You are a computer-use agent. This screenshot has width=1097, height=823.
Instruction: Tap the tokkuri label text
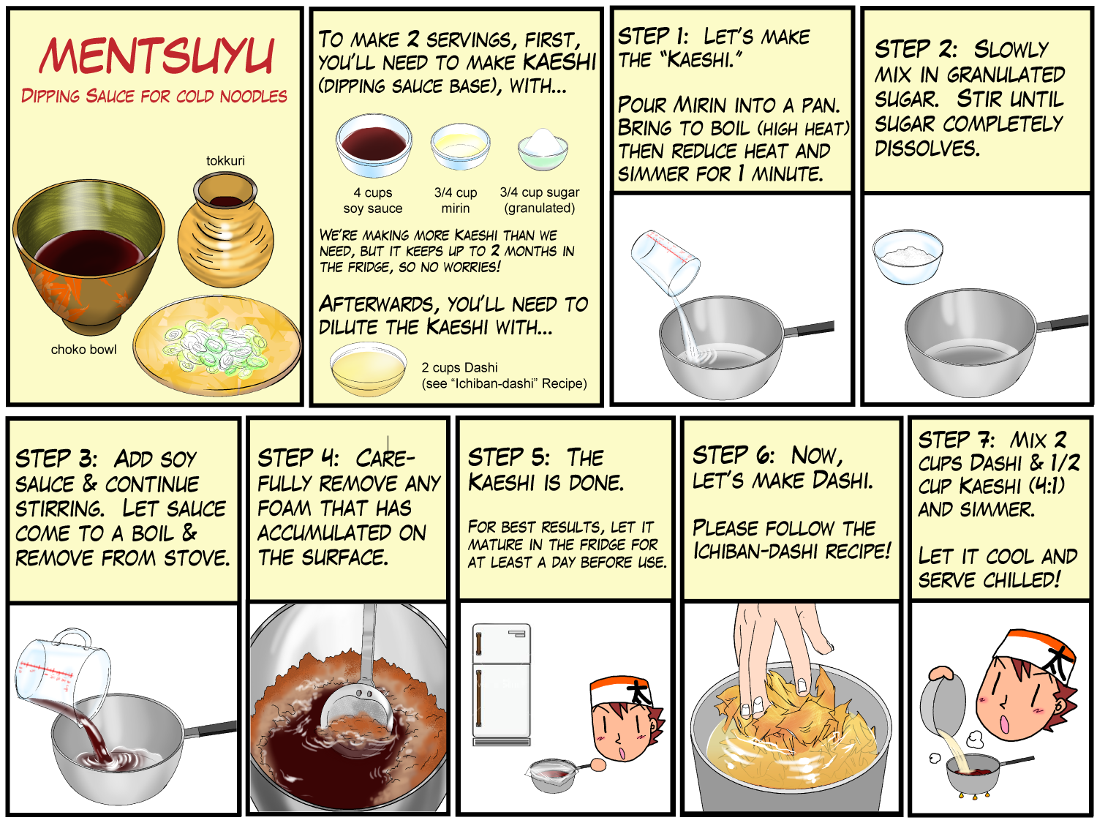pos(225,160)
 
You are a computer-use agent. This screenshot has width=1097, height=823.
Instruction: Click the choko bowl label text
pos(83,349)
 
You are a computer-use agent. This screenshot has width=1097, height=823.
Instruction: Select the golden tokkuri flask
pos(225,229)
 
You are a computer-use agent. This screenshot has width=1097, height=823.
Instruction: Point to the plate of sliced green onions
pos(217,345)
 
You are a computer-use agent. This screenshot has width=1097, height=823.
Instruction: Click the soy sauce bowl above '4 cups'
pos(374,145)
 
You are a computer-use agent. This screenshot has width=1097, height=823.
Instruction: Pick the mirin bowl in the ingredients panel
pos(460,146)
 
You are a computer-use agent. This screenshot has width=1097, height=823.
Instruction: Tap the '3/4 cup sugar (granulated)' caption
pos(540,200)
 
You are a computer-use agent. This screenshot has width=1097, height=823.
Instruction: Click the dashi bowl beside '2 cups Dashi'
pos(369,369)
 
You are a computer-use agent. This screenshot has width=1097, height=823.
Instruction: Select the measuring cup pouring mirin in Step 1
pos(665,262)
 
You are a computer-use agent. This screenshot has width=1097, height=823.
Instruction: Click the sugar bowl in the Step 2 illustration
pos(908,256)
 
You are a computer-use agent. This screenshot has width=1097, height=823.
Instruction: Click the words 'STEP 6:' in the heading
pos(733,455)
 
